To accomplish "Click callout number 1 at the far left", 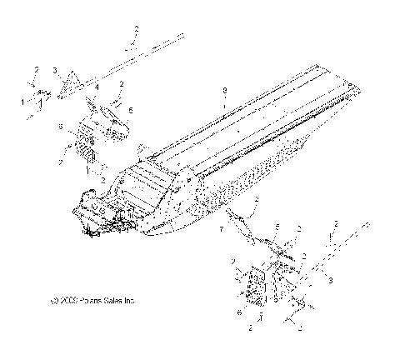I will click(x=22, y=101).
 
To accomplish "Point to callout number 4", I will click(x=97, y=86).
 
